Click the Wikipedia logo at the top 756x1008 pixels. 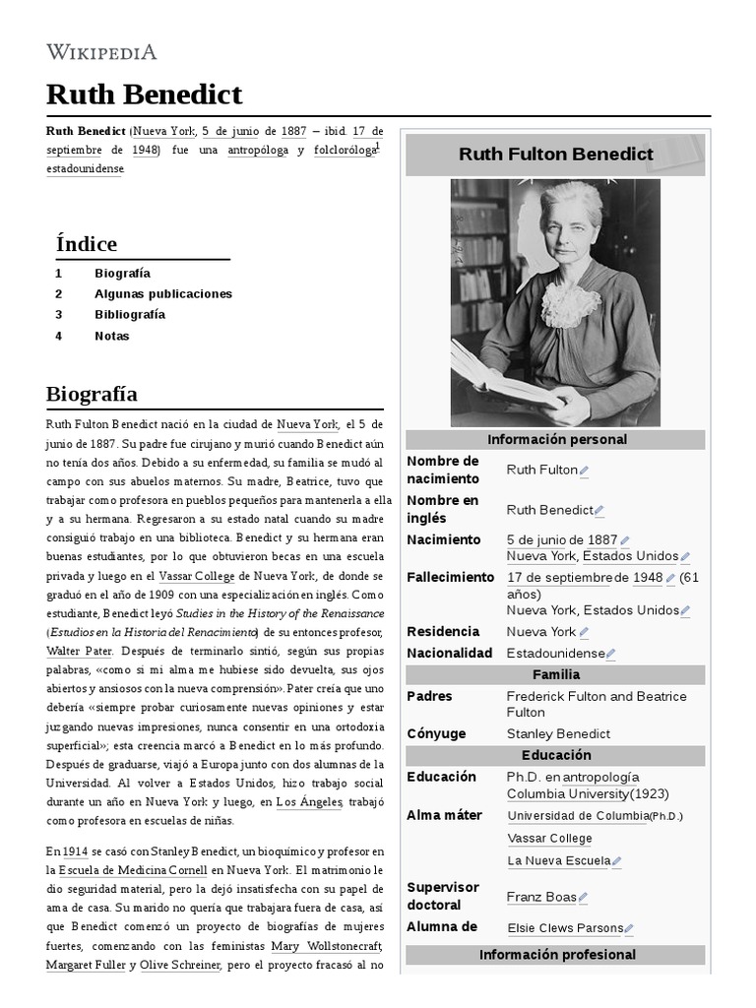[x=101, y=52]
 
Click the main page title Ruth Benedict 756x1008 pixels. [x=144, y=94]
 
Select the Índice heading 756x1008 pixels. [x=87, y=244]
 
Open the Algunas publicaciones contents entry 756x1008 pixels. [x=163, y=294]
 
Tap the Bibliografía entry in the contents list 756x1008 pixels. [x=130, y=315]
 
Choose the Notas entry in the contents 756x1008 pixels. [x=111, y=336]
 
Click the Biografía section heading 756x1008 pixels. [x=92, y=394]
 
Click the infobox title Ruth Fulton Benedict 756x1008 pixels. [x=555, y=155]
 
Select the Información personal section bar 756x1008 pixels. [x=556, y=440]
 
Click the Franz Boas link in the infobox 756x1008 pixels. [x=540, y=897]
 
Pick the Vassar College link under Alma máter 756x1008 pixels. [x=549, y=839]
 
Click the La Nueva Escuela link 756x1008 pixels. [x=558, y=861]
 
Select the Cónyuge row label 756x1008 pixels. [x=436, y=734]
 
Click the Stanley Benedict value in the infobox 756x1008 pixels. [x=558, y=734]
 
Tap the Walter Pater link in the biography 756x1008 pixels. [x=79, y=652]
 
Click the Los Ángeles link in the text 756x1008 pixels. [x=309, y=803]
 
